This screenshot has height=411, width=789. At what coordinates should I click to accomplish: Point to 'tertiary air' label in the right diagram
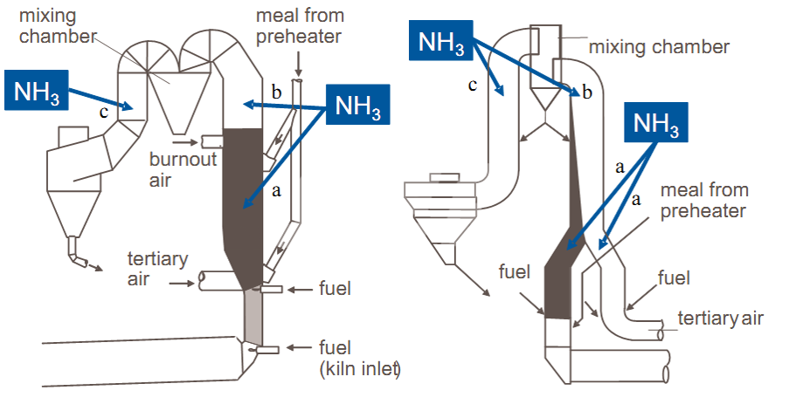720,319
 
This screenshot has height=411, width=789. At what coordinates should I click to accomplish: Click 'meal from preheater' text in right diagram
703,201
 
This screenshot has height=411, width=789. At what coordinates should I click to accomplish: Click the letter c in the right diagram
473,85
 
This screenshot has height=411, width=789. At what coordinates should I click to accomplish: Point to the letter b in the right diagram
587,92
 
